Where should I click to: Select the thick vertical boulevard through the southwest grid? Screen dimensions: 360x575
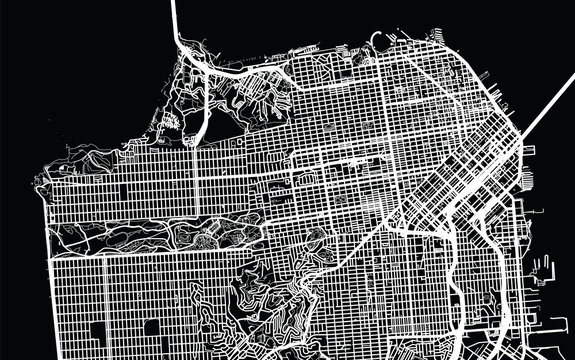[x=104, y=300]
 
